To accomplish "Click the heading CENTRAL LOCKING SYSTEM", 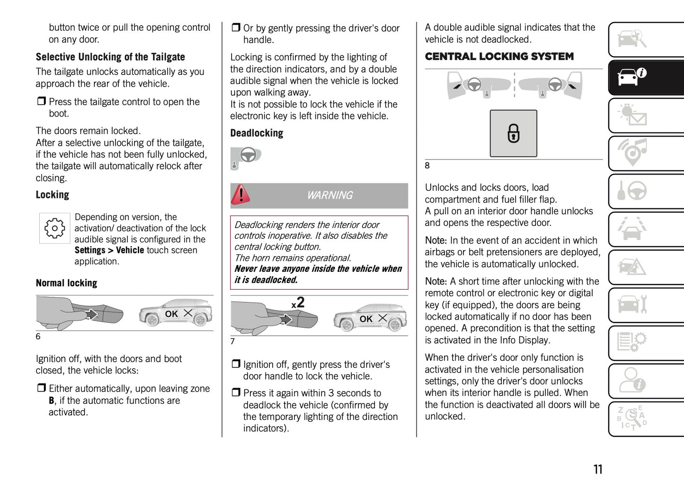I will pos(499,57).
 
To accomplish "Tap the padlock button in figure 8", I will pos(513,134).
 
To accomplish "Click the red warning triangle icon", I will pos(240,195).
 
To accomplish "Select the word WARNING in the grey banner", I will pos(329,195).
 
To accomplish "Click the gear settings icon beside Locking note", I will pos(54,228).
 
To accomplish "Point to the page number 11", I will pos(598,469).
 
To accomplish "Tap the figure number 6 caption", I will pos(38,337).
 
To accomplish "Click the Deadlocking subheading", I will pos(257,134).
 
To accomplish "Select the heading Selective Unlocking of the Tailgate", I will pos(110,57).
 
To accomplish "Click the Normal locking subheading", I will pos(66,283).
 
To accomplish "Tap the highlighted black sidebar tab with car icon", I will pos(646,77).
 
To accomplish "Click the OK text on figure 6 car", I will pos(171,314).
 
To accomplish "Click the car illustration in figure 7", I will pos(370,317).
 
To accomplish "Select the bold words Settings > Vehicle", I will pos(109,250).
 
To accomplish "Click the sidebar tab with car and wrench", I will pos(646,304).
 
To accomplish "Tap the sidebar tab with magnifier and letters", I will pos(646,418).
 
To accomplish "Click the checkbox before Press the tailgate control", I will pos(42,101).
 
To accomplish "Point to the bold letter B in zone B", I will pos(51,401).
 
